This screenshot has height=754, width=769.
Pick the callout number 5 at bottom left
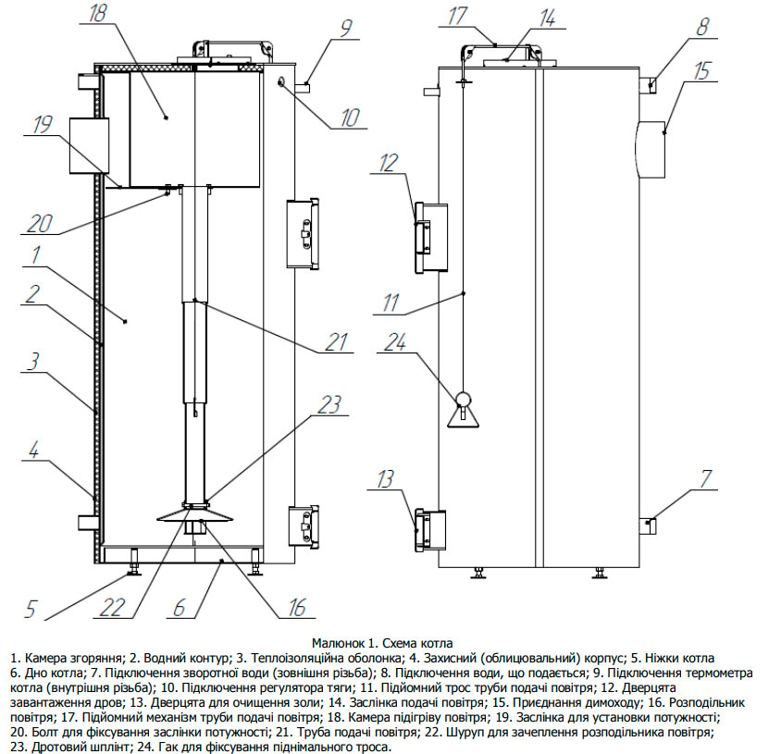point(31,609)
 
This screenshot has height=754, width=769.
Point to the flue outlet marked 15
point(652,149)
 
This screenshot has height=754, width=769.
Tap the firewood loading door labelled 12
point(430,237)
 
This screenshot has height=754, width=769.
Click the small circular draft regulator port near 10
point(279,83)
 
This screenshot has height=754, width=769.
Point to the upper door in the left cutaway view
point(304,232)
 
